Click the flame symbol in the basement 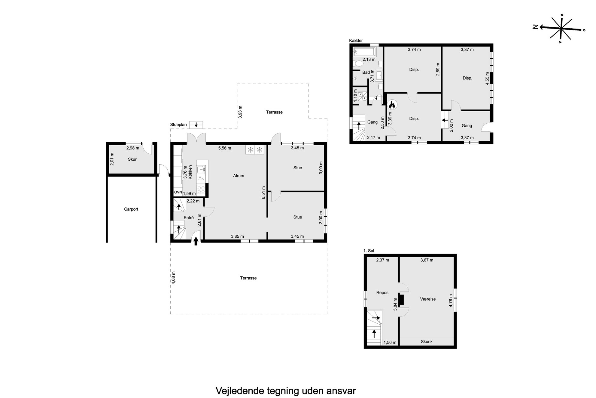pyautogui.click(x=392, y=105)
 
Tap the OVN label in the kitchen pyautogui.click(x=178, y=192)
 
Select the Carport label pyautogui.click(x=131, y=209)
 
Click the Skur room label pyautogui.click(x=132, y=159)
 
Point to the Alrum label pyautogui.click(x=239, y=176)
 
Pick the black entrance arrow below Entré pyautogui.click(x=196, y=241)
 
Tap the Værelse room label pyautogui.click(x=428, y=299)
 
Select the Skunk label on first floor pyautogui.click(x=427, y=341)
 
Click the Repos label pyautogui.click(x=382, y=292)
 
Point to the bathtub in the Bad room pyautogui.click(x=364, y=52)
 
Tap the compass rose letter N pyautogui.click(x=535, y=27)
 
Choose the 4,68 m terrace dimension pyautogui.click(x=173, y=278)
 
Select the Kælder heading pyautogui.click(x=356, y=41)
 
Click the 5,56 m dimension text pyautogui.click(x=224, y=148)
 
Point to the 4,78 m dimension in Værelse pyautogui.click(x=451, y=301)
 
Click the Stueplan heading pyautogui.click(x=178, y=125)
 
